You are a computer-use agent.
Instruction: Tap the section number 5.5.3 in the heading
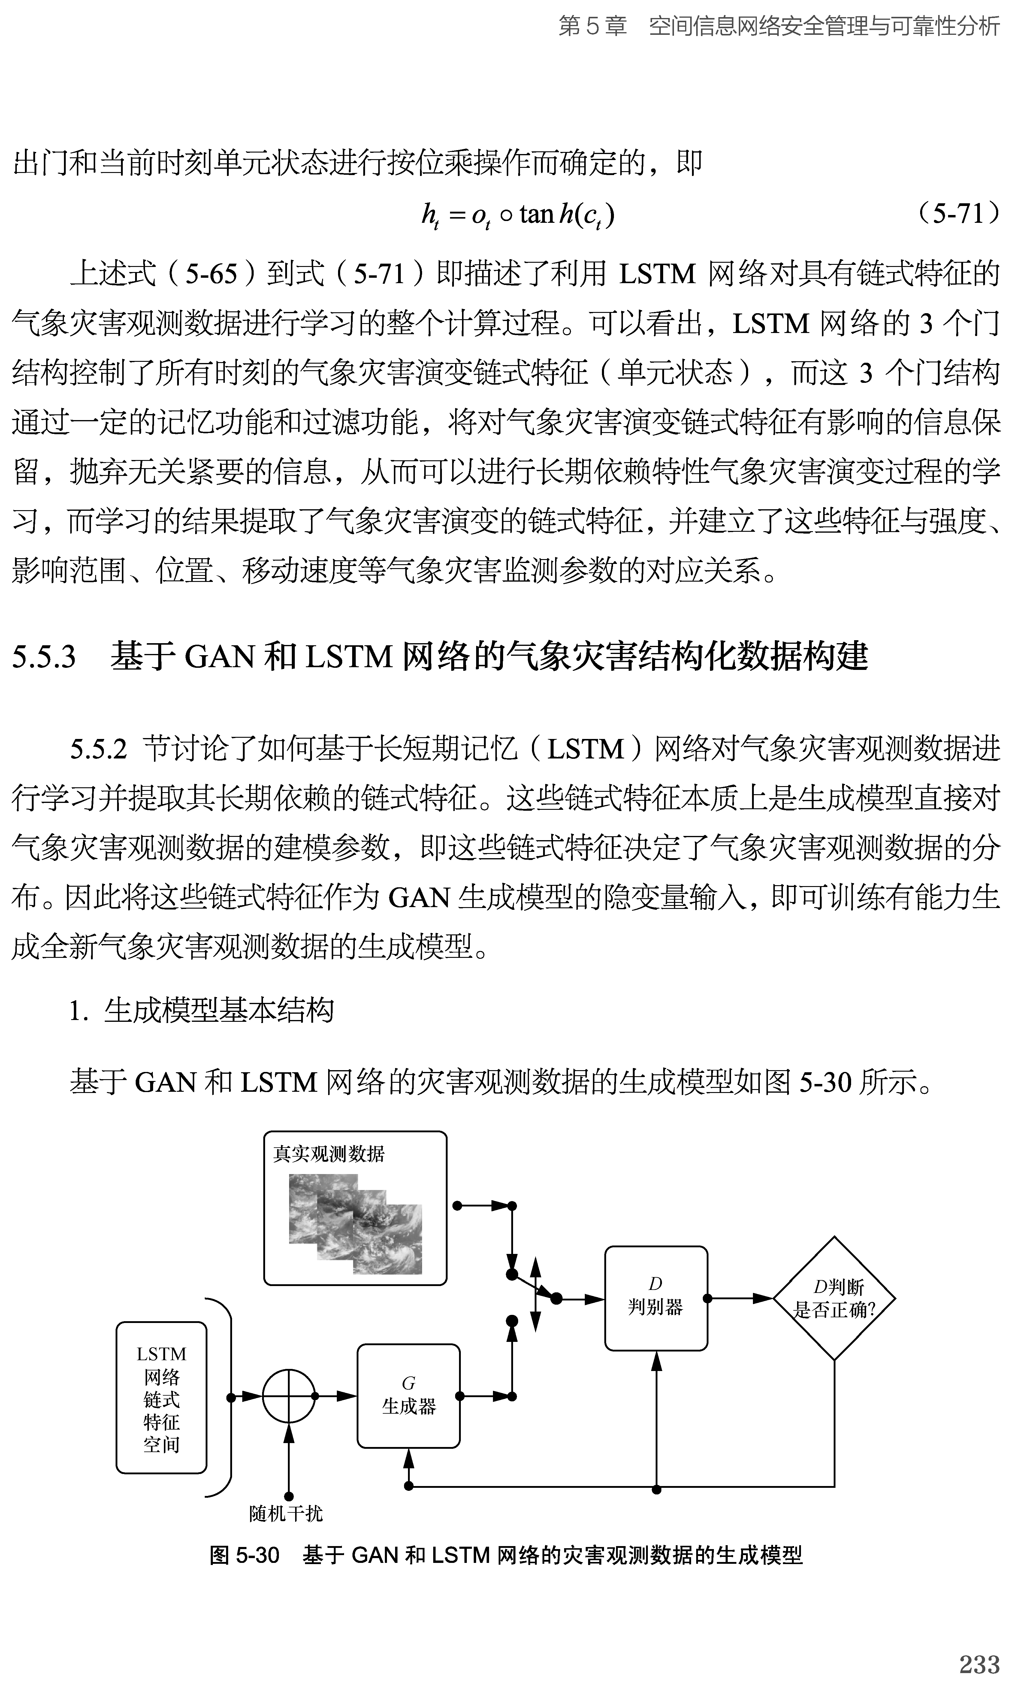point(44,657)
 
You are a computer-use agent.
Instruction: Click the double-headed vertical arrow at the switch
point(535,1295)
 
